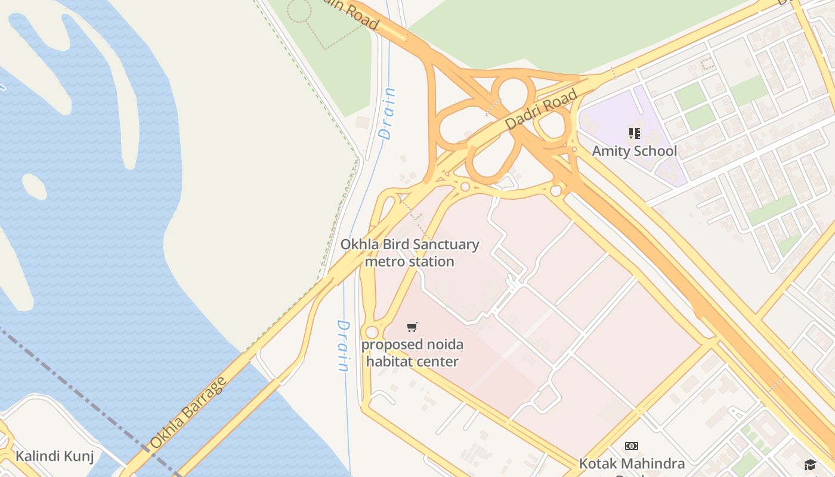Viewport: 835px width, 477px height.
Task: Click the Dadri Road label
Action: (541, 109)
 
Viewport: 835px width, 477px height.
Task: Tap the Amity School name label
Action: (634, 151)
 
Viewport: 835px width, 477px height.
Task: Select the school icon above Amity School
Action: (634, 133)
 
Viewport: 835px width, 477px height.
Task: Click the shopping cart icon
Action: (412, 327)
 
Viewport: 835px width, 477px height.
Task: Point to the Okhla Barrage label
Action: (187, 412)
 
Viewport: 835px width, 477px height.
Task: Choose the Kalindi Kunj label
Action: (54, 456)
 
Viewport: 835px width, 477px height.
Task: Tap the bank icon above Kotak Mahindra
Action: (632, 446)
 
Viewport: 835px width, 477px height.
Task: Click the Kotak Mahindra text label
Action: (632, 463)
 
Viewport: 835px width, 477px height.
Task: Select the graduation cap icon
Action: (809, 464)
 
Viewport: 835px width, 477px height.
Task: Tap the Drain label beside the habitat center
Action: (343, 346)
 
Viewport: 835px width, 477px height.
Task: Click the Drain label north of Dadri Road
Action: (388, 113)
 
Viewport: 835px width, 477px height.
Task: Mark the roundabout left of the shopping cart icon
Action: (372, 332)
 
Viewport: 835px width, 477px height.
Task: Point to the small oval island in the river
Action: (34, 187)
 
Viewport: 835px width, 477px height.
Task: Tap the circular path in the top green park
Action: (299, 10)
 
